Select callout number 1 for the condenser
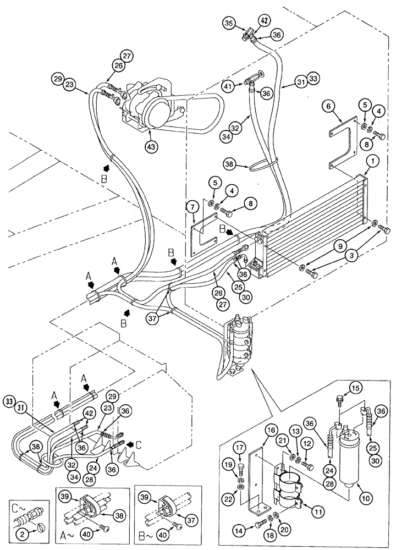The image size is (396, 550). pyautogui.click(x=375, y=162)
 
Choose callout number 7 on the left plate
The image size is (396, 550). pyautogui.click(x=191, y=208)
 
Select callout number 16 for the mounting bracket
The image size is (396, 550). pyautogui.click(x=270, y=429)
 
